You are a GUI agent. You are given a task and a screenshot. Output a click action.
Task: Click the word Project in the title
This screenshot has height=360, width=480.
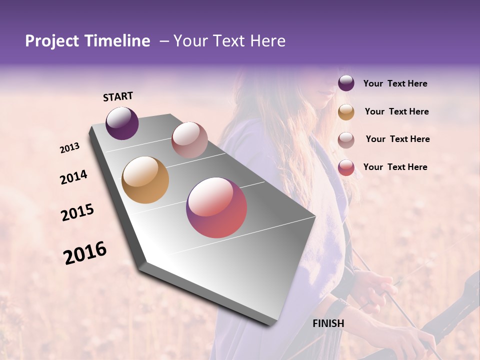click(x=50, y=41)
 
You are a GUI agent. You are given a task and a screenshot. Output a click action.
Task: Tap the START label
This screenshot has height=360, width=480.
click(x=118, y=96)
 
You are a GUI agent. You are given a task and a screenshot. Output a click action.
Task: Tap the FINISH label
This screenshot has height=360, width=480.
click(x=328, y=323)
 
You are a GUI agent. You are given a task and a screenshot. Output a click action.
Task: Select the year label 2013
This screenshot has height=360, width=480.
click(x=70, y=148)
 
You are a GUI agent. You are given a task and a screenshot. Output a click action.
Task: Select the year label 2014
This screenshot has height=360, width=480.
click(x=74, y=177)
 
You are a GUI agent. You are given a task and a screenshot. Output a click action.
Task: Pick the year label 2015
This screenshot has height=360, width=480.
click(x=77, y=213)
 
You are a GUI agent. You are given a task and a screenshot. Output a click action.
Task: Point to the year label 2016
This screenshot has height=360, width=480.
click(x=85, y=253)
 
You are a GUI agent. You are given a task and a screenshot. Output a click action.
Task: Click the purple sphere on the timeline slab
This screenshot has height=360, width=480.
click(x=122, y=123)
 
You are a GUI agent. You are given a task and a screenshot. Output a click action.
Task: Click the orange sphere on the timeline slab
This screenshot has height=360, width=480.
click(x=145, y=180)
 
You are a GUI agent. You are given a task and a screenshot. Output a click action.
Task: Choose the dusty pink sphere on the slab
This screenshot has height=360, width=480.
click(x=189, y=140)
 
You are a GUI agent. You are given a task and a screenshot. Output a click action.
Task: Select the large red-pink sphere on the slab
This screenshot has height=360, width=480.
click(x=216, y=207)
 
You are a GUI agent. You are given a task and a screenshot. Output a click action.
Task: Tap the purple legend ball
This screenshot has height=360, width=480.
click(x=346, y=83)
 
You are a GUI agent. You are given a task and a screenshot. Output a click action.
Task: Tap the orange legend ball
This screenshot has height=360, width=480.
click(x=346, y=111)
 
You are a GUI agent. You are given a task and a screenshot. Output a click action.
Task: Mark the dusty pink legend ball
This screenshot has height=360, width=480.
click(x=346, y=139)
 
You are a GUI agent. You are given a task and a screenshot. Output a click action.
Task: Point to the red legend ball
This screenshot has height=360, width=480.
click(x=346, y=167)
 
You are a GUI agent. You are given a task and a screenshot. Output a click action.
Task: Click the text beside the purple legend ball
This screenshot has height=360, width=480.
click(x=395, y=83)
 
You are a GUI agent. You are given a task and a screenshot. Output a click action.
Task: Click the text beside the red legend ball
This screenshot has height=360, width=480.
click(x=395, y=167)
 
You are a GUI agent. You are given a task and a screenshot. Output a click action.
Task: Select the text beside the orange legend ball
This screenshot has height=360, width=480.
click(x=396, y=111)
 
